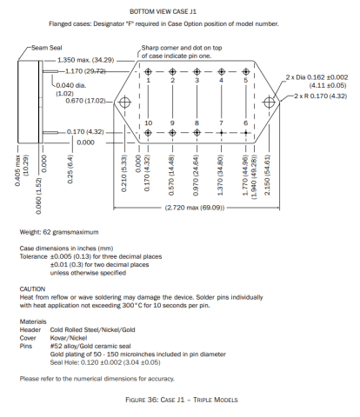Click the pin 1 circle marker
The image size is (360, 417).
point(148,71)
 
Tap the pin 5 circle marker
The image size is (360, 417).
point(246,71)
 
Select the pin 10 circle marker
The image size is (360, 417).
point(148,133)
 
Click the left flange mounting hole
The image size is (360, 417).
point(125,103)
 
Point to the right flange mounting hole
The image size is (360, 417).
point(269,103)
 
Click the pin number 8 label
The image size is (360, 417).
point(197,123)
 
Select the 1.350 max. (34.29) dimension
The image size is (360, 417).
point(86,60)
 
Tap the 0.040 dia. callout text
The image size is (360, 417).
point(70,85)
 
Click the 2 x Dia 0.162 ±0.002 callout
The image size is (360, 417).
point(317,77)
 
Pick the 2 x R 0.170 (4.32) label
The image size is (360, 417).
point(321,96)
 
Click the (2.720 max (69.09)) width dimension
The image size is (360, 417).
point(195,208)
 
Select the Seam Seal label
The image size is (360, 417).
point(47,48)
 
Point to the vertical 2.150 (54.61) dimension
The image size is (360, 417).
point(267,175)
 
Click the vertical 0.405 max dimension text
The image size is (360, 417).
point(17,171)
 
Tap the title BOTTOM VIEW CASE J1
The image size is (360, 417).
point(163,12)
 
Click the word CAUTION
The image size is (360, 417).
point(32,289)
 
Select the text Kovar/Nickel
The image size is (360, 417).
point(69,338)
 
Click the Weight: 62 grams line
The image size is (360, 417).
point(59,232)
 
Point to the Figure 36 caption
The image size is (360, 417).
point(182,400)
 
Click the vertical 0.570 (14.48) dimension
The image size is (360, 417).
point(171,175)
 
